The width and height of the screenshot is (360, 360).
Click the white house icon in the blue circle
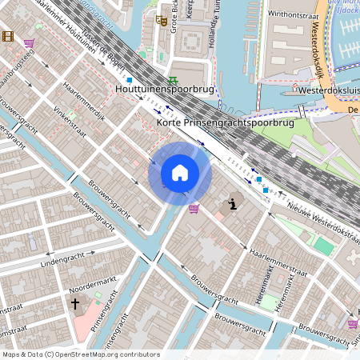tap(179, 173)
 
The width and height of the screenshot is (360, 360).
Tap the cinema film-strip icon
tap(8, 36)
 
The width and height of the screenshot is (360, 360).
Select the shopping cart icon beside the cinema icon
tap(30, 43)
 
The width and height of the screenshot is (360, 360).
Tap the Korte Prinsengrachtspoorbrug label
tap(226, 123)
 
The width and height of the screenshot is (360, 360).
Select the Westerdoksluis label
tap(327, 91)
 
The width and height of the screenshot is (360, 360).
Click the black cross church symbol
tap(76, 304)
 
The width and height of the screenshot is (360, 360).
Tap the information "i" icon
tap(233, 202)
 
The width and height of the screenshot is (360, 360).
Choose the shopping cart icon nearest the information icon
tap(194, 209)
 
